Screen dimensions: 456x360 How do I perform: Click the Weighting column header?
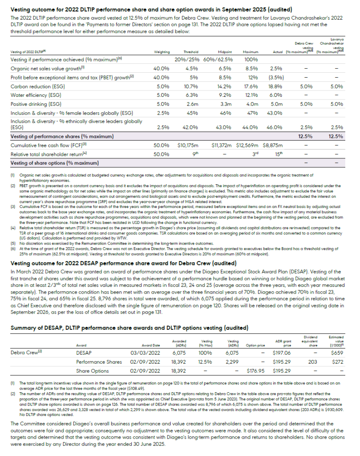[x=162, y=52]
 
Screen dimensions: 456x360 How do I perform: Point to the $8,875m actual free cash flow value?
[x=272, y=145]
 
